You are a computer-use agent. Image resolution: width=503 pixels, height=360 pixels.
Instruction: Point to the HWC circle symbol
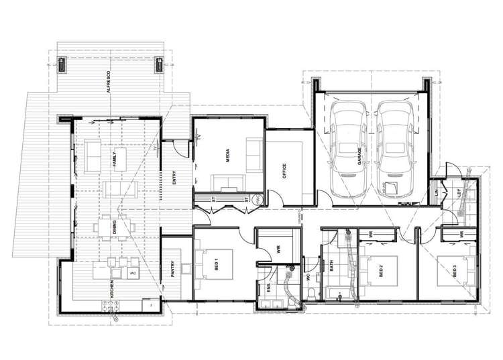[x=256, y=198]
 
